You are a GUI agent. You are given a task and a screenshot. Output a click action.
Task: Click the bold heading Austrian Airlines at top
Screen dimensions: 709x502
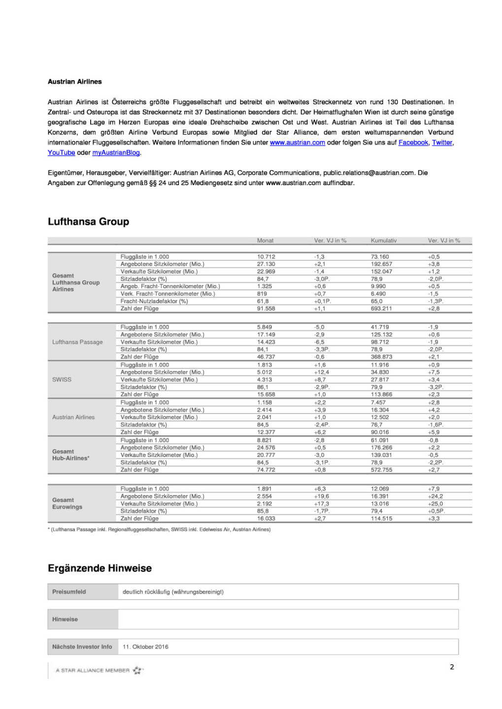coord(74,82)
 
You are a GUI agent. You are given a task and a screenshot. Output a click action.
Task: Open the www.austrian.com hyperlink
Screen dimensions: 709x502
coord(297,143)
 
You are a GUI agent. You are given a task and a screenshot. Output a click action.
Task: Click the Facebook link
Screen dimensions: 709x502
coord(413,143)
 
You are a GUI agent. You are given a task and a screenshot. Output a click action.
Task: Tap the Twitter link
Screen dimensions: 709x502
coord(442,143)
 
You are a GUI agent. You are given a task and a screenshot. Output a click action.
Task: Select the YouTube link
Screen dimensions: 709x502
coord(61,153)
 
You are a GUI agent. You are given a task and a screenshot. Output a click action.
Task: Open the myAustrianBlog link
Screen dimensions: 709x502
coord(116,153)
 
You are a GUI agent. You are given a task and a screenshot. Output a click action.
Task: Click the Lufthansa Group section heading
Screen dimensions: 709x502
coord(88,222)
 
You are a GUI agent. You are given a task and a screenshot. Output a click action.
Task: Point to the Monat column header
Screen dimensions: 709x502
coord(265,241)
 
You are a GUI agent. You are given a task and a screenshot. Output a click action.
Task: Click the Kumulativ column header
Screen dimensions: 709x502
coord(383,241)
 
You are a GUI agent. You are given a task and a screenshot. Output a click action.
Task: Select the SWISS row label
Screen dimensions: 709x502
coord(62,380)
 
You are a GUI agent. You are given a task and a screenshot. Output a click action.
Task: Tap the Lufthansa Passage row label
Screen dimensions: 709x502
coord(77,342)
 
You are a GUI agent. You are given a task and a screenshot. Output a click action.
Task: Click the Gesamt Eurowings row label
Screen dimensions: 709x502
coord(67,503)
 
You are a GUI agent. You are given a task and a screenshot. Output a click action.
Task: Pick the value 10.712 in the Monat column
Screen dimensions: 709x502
coord(266,257)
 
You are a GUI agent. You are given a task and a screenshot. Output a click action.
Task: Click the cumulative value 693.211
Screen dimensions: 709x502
coord(381,309)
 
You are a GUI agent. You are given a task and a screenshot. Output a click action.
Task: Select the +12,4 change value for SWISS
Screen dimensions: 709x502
coord(321,372)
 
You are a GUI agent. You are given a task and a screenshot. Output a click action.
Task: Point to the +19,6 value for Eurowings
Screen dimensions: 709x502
coord(321,496)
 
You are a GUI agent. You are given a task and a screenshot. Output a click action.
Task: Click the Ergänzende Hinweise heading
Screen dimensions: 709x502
coord(100,568)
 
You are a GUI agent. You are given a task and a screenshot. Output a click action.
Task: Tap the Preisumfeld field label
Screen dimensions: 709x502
coord(69,592)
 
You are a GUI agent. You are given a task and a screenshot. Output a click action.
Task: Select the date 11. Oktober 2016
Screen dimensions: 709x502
coord(145,647)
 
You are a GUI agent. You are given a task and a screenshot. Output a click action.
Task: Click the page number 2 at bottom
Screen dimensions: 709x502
coord(452,667)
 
